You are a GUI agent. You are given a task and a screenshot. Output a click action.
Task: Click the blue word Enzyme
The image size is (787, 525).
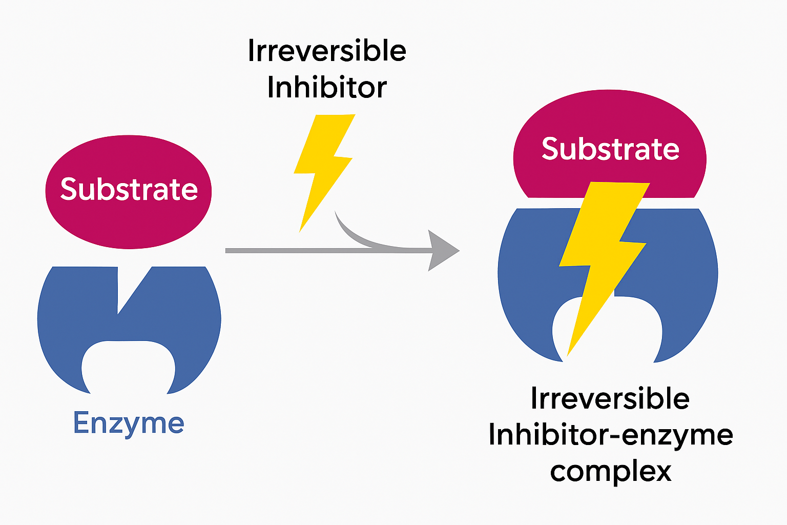pos(129,423)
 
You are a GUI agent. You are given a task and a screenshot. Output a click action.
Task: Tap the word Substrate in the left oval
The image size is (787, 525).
pos(129,189)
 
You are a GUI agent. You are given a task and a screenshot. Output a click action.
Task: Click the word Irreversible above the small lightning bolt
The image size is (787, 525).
pos(327,51)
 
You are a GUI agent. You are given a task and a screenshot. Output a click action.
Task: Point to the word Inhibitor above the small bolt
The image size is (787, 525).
pos(327,87)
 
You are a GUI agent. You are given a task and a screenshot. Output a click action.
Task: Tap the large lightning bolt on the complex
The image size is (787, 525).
pos(602,256)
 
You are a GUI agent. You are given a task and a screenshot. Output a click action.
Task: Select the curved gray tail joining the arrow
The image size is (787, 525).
pos(354,233)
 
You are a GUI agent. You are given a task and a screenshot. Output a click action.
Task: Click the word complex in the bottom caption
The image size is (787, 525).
pos(610,471)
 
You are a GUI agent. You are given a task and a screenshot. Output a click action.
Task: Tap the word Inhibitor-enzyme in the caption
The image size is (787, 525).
pos(610,435)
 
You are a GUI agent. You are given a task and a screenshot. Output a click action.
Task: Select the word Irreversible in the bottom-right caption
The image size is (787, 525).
pos(610,398)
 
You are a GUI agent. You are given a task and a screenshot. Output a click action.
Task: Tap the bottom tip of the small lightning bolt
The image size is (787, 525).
pos(301,229)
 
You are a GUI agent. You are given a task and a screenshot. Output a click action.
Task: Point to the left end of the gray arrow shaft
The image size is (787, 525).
pos(229,251)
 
